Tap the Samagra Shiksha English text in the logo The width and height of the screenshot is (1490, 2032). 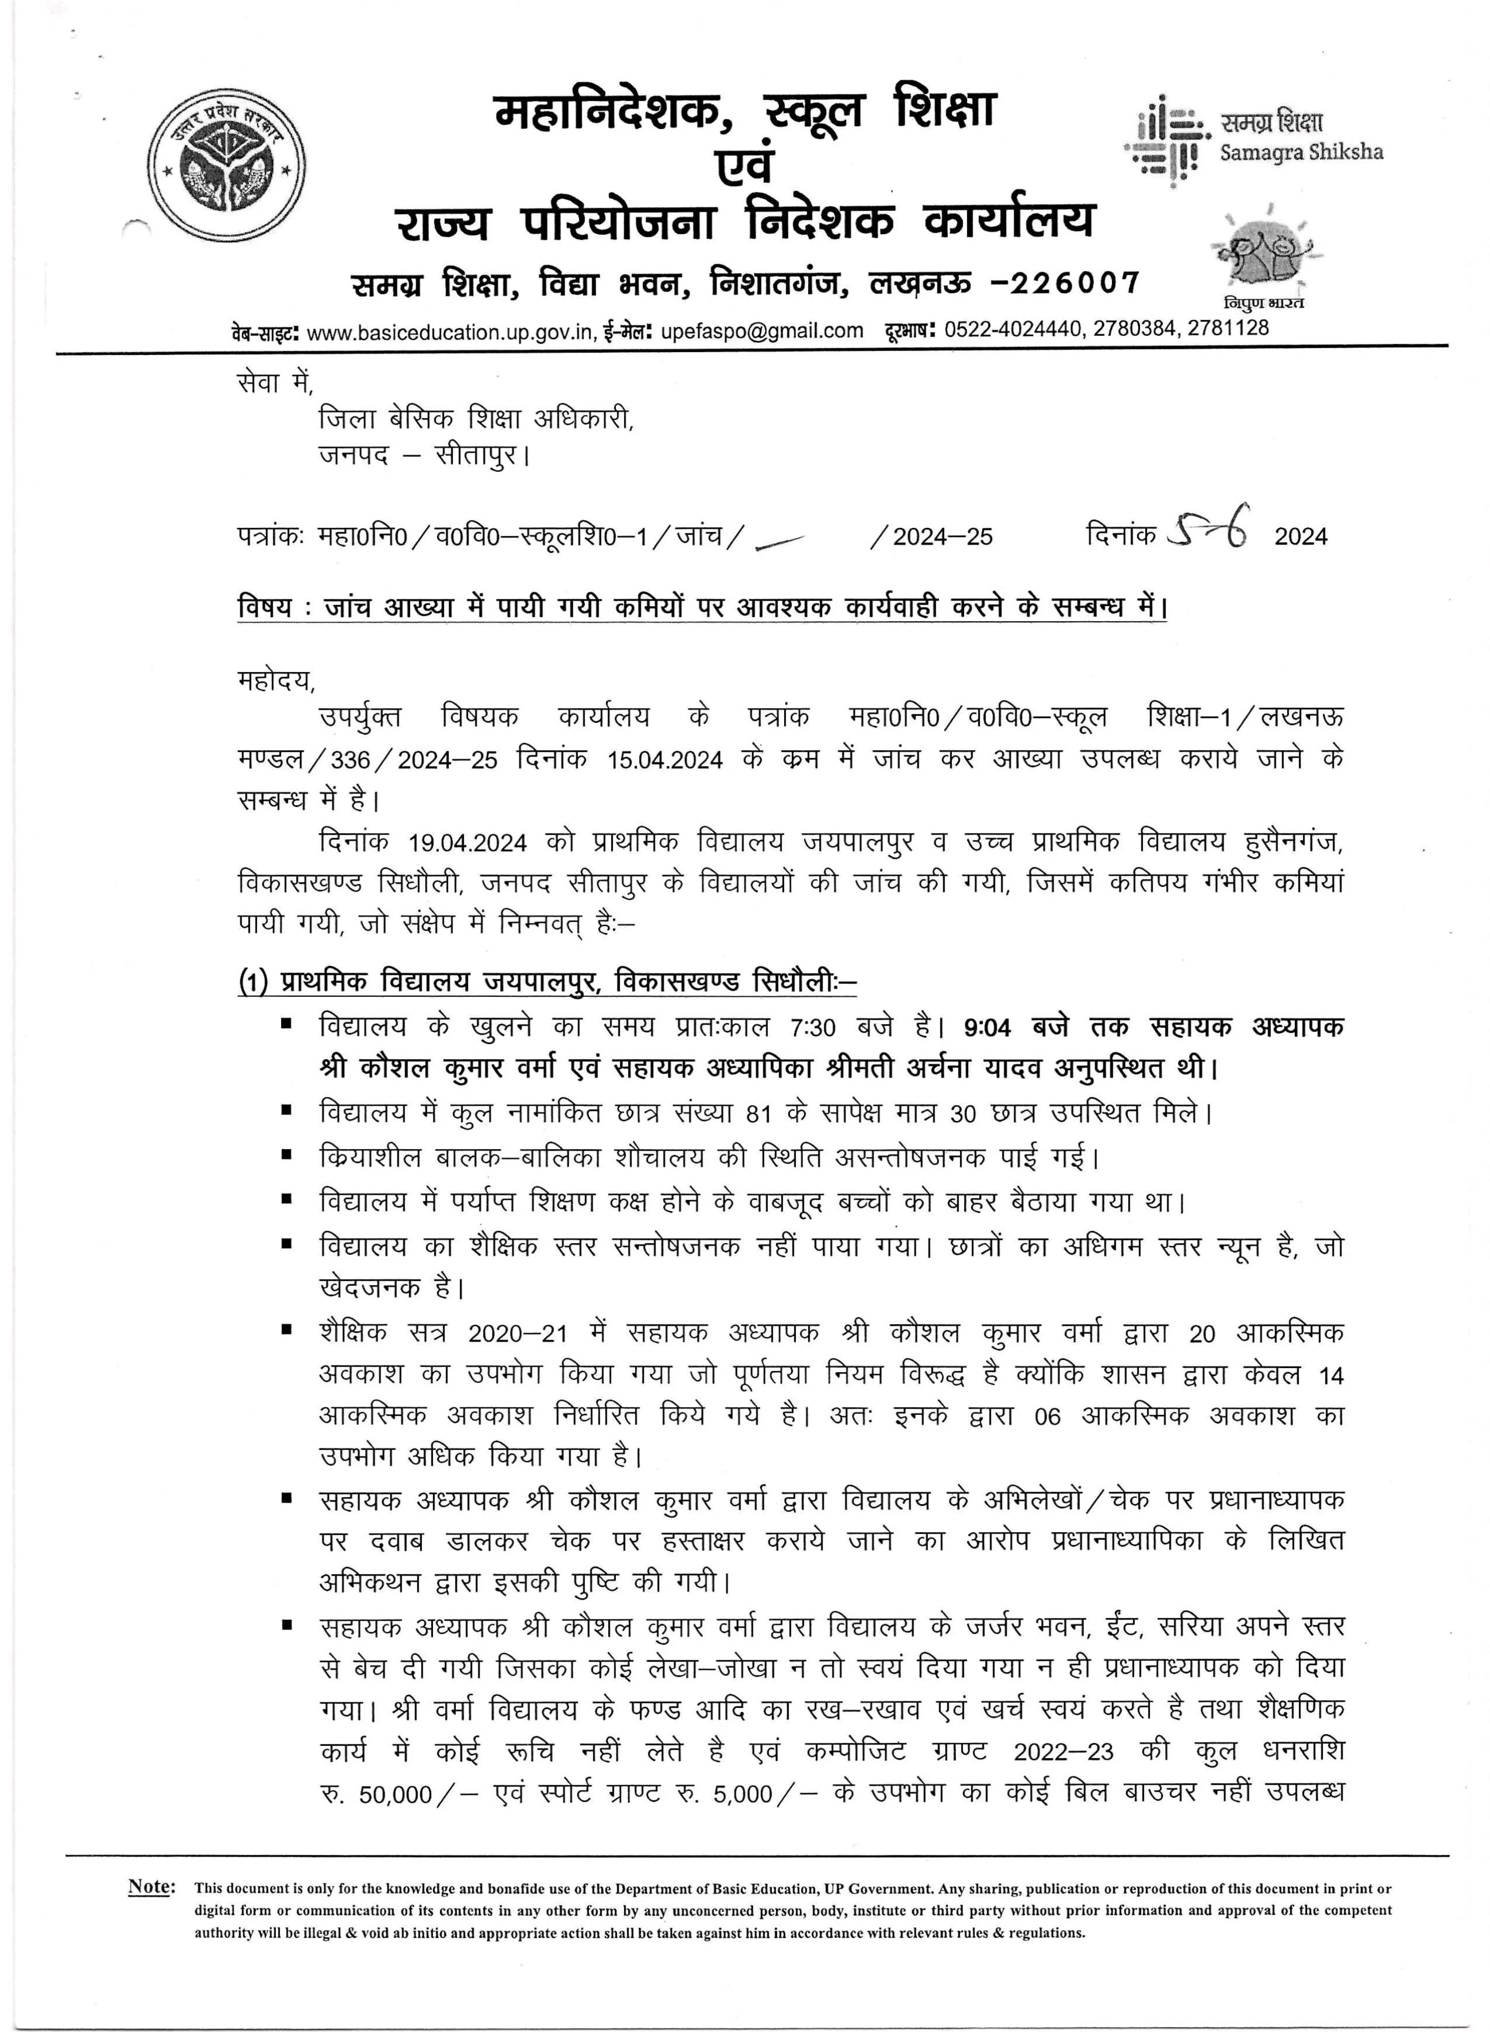pos(1300,152)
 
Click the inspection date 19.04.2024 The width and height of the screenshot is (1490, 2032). pos(467,843)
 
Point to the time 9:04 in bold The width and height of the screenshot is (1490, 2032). pos(987,1028)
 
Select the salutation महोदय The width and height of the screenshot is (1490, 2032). pos(275,681)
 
